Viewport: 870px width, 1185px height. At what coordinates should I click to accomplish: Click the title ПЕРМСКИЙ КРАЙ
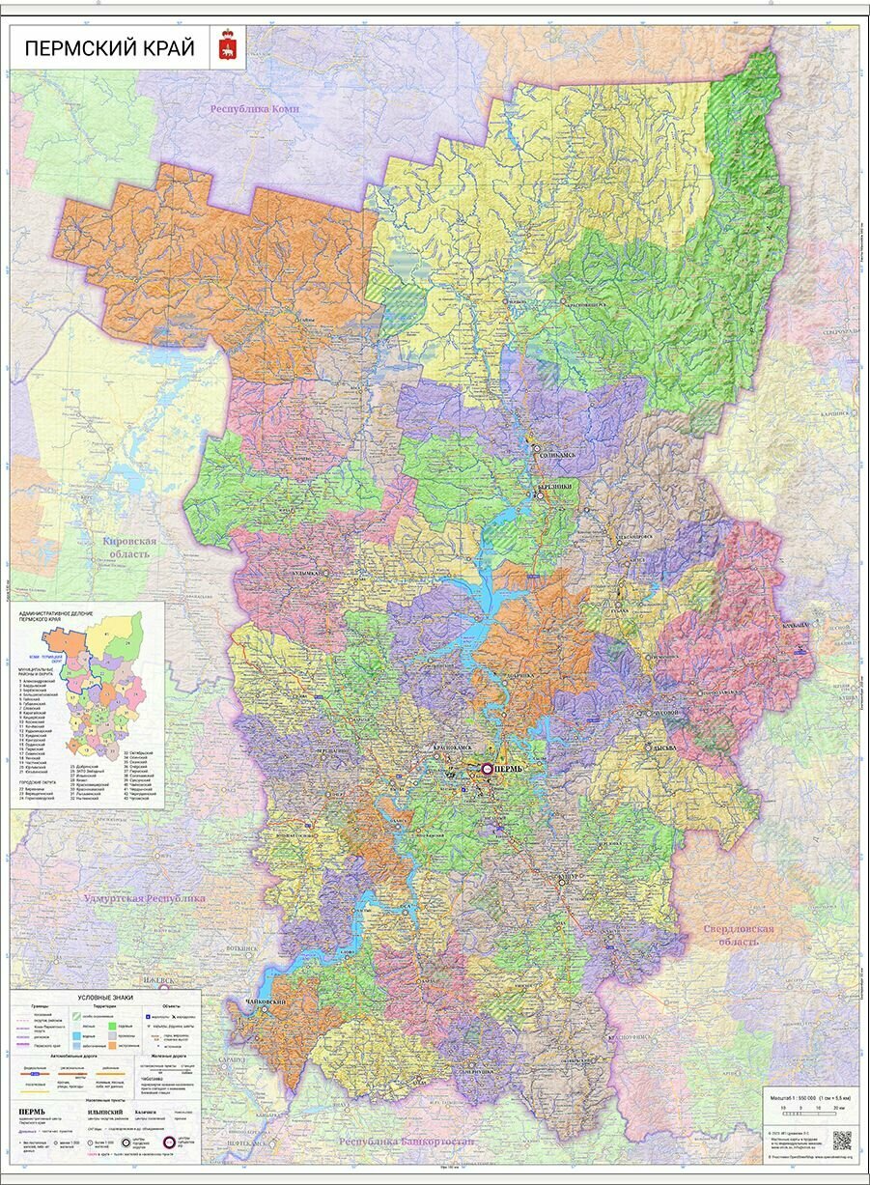click(108, 48)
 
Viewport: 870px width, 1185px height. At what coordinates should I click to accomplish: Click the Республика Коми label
click(255, 109)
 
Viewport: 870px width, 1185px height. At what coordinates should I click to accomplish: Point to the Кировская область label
click(129, 549)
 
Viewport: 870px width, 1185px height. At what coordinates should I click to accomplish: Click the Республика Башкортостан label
click(406, 1142)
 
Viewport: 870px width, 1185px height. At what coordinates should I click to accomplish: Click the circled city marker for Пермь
click(487, 769)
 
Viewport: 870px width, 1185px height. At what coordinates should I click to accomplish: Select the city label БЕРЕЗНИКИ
click(557, 487)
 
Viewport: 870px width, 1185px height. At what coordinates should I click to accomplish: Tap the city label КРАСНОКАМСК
click(432, 748)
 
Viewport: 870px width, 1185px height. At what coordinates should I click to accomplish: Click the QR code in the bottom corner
click(842, 1139)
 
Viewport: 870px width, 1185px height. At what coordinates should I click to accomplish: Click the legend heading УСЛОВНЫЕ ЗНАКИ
click(105, 997)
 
